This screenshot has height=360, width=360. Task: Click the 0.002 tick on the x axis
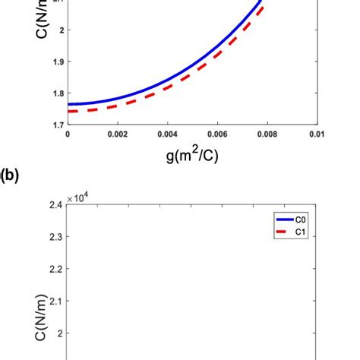click(x=118, y=134)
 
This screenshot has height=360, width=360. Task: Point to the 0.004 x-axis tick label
click(x=167, y=134)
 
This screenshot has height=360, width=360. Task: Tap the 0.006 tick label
click(x=217, y=134)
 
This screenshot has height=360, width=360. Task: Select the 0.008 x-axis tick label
click(x=267, y=134)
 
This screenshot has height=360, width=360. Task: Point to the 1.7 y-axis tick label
click(x=56, y=125)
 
